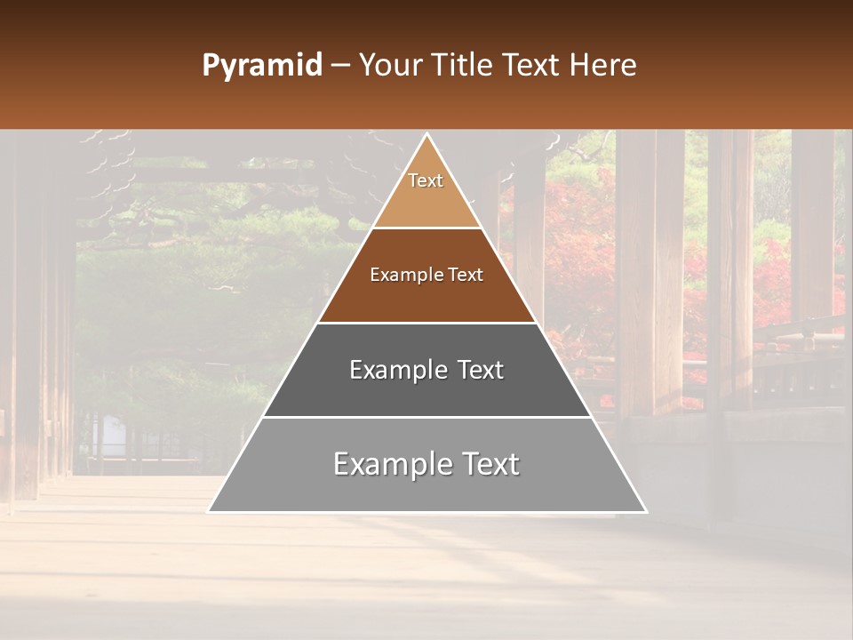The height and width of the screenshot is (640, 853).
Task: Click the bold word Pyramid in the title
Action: tap(262, 66)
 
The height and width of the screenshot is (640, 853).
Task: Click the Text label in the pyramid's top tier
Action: tap(426, 180)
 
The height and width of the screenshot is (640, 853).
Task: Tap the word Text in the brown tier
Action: tap(466, 276)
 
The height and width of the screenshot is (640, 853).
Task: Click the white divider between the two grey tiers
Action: tap(427, 417)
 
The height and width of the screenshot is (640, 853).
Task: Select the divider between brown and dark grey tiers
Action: tap(427, 323)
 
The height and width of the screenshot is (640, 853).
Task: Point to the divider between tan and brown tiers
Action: tap(427, 228)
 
